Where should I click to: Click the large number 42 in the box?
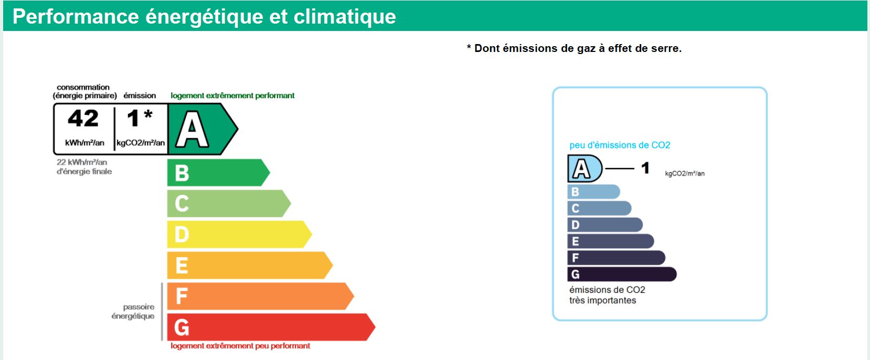(x=83, y=118)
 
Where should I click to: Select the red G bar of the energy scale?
(x=271, y=327)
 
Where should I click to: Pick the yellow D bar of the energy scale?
(x=239, y=234)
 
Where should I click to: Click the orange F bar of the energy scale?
(x=260, y=296)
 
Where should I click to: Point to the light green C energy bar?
(x=229, y=204)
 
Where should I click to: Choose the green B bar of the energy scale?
(x=218, y=173)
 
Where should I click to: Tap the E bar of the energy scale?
(x=250, y=265)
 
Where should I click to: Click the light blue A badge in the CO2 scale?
(x=585, y=168)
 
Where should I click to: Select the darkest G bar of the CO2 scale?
(x=622, y=274)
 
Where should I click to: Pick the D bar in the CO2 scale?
(x=604, y=225)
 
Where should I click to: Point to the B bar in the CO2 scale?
(x=593, y=192)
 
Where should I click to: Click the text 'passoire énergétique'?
(x=133, y=311)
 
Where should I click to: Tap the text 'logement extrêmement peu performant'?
(x=240, y=346)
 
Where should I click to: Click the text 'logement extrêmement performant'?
(x=232, y=96)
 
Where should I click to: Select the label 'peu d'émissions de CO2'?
(x=620, y=145)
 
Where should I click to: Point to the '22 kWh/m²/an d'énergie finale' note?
(x=84, y=166)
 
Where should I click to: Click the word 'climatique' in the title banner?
(x=345, y=17)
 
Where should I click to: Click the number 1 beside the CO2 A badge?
(x=645, y=168)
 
